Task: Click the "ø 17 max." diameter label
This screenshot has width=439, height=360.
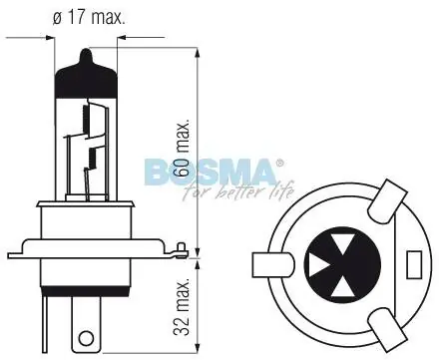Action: [x=89, y=17]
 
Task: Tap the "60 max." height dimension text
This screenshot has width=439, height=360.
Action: [x=183, y=148]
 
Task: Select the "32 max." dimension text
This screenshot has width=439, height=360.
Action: [x=182, y=307]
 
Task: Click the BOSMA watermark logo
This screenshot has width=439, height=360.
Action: [x=211, y=172]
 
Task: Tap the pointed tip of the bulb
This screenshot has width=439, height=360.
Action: [x=86, y=50]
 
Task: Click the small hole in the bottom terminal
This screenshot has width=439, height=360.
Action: [x=86, y=339]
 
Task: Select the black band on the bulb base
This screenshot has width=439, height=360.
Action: [x=85, y=290]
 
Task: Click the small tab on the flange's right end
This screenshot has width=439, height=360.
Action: [x=181, y=249]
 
